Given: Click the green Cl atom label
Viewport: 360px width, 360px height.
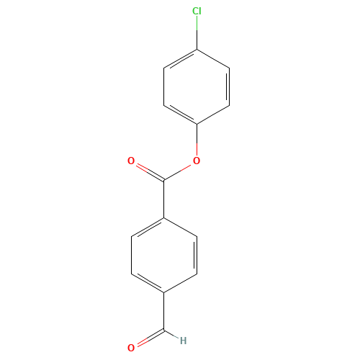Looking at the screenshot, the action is tap(197, 11).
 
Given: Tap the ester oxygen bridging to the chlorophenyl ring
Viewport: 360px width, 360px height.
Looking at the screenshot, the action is tap(197, 161).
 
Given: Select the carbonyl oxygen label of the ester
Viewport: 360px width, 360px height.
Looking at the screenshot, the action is tap(131, 161).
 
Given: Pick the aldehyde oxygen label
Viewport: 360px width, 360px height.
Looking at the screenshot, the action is tap(131, 348).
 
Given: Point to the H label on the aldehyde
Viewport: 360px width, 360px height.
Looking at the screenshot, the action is tap(184, 341).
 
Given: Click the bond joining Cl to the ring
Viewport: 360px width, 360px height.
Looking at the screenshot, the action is tap(197, 33).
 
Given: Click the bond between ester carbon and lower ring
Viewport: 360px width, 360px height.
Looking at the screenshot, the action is tap(164, 199).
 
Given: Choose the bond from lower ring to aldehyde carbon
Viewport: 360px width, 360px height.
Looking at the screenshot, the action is tap(164, 312).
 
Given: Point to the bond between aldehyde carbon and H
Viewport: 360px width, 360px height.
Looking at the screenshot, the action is tap(171, 335).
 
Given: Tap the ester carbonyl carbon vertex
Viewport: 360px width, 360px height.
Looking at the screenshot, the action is tap(164, 180).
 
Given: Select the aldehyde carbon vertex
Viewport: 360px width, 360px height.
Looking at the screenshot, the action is tap(164, 330).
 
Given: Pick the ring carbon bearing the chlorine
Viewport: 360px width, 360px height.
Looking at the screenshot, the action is tap(197, 50).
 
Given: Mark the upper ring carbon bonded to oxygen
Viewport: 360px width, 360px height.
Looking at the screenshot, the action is tap(197, 125).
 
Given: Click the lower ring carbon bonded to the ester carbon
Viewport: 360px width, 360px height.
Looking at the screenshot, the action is tap(164, 218).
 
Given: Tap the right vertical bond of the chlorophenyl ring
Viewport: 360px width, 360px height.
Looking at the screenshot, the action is tap(229, 87).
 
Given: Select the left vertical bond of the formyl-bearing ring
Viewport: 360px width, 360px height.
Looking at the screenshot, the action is tap(132, 256).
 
